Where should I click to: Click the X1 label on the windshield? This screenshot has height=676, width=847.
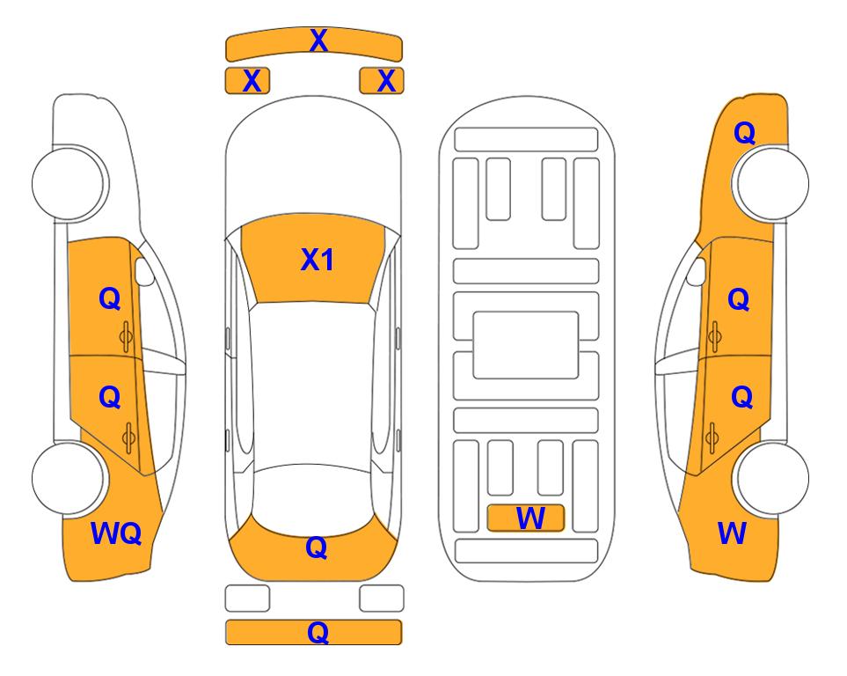click(x=318, y=260)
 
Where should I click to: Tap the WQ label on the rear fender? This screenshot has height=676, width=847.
click(x=116, y=533)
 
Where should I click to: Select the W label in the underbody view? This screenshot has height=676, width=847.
click(x=530, y=518)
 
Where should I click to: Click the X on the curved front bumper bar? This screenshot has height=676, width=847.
click(x=318, y=40)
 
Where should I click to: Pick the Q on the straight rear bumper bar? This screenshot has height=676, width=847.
click(x=318, y=632)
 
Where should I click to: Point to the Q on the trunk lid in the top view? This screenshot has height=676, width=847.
click(x=317, y=547)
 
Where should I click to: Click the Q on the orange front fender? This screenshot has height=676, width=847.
click(x=744, y=133)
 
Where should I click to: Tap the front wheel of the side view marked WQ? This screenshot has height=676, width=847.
click(x=68, y=183)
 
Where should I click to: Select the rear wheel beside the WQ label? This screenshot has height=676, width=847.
click(x=68, y=478)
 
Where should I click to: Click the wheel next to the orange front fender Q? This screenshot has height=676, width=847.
click(x=772, y=183)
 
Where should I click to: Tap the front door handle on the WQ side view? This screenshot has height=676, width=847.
click(x=126, y=336)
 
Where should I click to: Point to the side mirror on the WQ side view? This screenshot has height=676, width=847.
click(x=143, y=271)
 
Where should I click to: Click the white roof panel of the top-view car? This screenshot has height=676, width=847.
click(x=312, y=385)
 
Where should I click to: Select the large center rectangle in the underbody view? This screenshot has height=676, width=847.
click(x=526, y=345)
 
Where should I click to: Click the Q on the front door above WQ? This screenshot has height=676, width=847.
click(x=110, y=298)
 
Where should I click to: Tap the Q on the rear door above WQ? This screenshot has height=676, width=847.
click(x=110, y=398)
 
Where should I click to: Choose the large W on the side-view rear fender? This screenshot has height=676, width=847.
click(x=732, y=533)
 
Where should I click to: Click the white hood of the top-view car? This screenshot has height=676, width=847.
click(x=313, y=162)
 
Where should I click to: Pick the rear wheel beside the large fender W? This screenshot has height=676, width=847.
click(x=772, y=478)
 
